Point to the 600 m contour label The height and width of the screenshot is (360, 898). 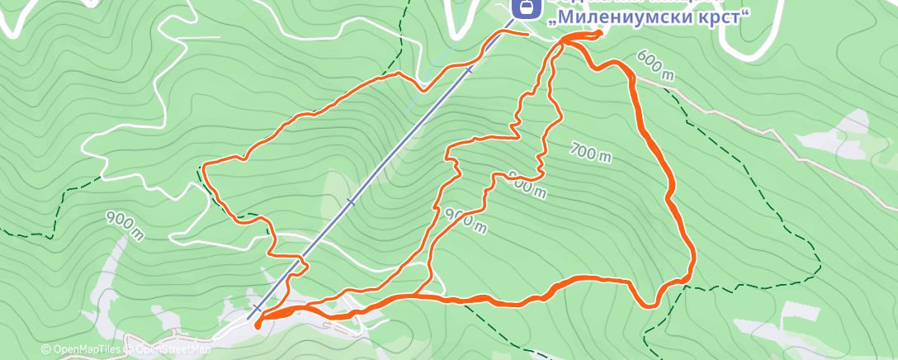655,66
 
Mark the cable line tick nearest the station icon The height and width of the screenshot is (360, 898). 469,70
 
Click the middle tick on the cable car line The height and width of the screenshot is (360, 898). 351,201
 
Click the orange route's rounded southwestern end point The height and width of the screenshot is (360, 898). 258,324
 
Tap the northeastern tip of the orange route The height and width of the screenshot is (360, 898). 599,32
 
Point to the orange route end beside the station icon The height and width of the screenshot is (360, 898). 526,33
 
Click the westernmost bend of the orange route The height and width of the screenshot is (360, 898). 203,167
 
